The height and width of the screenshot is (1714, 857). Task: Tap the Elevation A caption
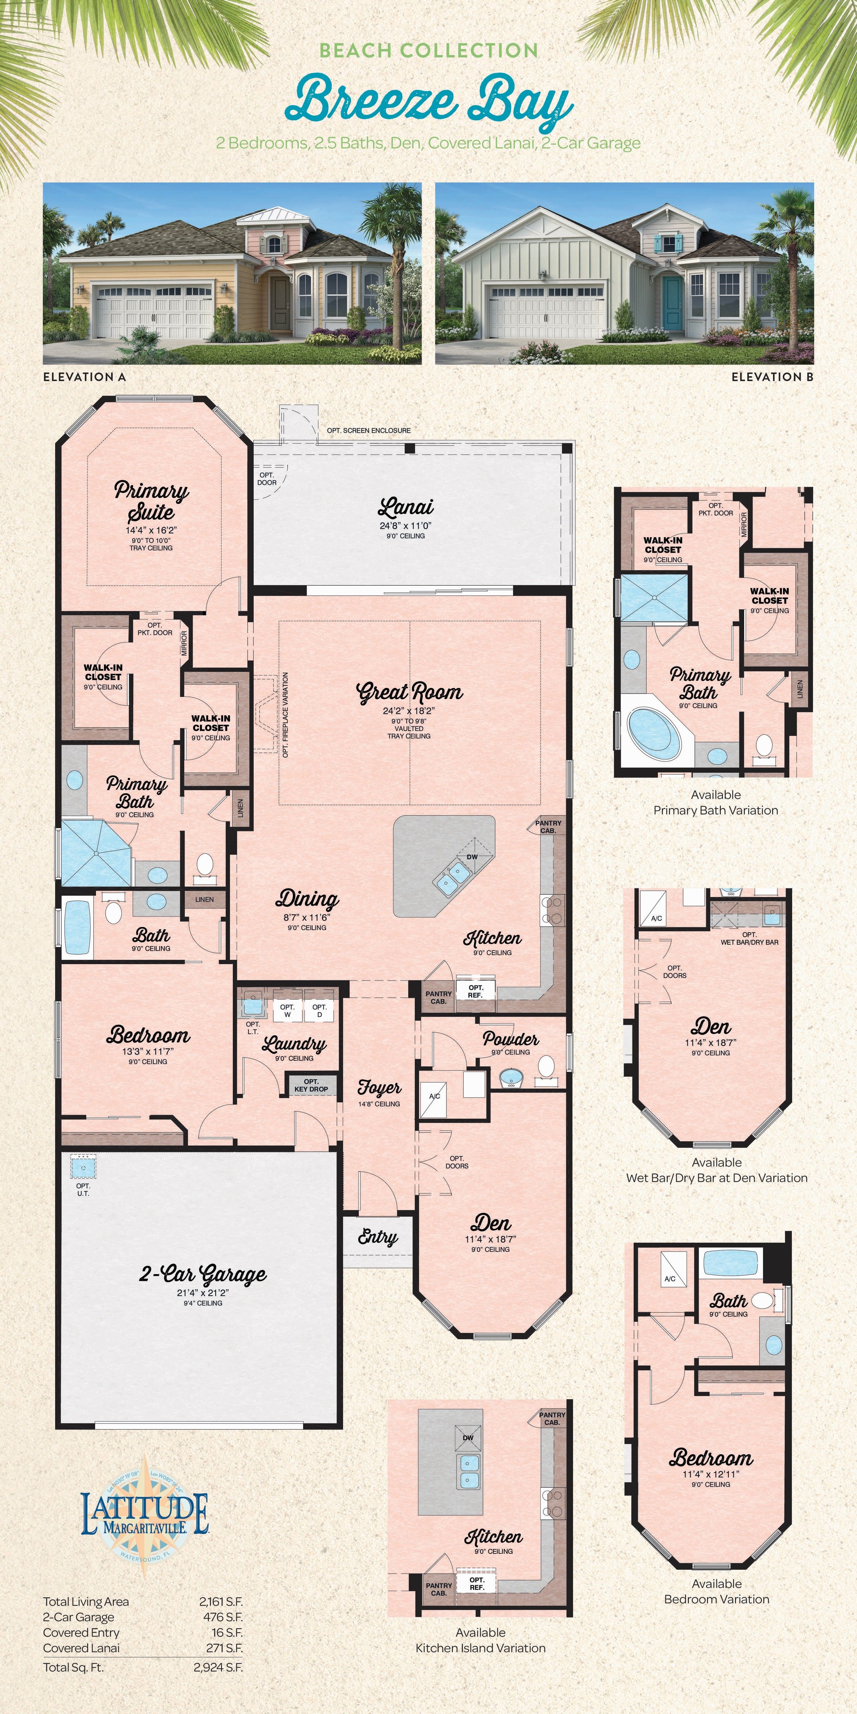(85, 377)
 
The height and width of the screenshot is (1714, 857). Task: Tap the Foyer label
(379, 1087)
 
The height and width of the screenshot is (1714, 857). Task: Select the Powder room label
(510, 1039)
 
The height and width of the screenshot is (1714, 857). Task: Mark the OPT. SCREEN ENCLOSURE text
(369, 430)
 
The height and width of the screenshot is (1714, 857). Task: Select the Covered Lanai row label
(81, 1648)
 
